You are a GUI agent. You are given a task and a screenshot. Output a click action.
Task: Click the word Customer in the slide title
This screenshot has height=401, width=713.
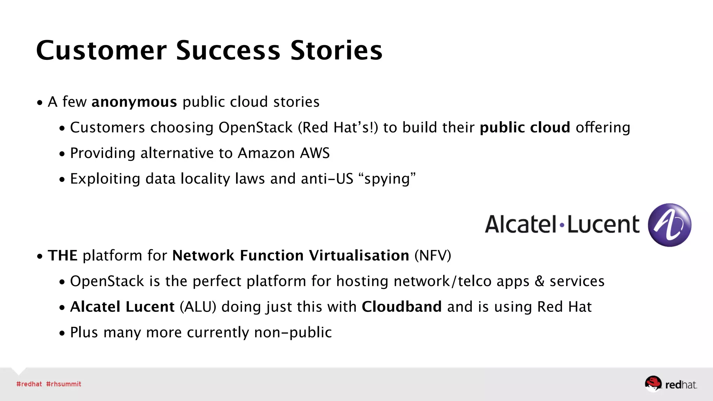[101, 51]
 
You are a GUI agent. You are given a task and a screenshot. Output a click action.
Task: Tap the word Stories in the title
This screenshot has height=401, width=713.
[336, 51]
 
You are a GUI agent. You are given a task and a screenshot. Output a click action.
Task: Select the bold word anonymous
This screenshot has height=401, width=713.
[134, 102]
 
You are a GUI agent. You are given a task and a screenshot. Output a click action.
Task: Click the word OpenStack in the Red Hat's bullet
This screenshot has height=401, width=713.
[256, 128]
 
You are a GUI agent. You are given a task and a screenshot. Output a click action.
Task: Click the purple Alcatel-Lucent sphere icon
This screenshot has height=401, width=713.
[669, 225]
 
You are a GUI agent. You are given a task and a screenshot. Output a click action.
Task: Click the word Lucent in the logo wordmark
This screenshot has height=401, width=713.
[603, 225]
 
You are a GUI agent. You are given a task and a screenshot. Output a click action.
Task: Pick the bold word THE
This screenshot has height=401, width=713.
[63, 255]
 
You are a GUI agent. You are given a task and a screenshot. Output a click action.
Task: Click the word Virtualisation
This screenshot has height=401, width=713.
[359, 255]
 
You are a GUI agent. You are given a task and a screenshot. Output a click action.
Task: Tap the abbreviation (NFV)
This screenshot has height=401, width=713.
[433, 255]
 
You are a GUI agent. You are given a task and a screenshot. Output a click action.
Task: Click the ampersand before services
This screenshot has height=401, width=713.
[539, 281]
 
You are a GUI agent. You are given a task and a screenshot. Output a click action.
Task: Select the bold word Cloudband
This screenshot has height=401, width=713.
[402, 307]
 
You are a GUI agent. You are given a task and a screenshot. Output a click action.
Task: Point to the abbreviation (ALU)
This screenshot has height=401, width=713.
[198, 307]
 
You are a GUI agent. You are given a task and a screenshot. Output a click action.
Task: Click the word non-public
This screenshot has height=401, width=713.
[293, 332]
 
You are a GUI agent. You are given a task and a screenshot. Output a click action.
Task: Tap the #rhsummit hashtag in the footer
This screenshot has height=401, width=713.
[64, 384]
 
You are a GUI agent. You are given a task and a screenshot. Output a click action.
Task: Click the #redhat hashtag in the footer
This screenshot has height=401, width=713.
[29, 384]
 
